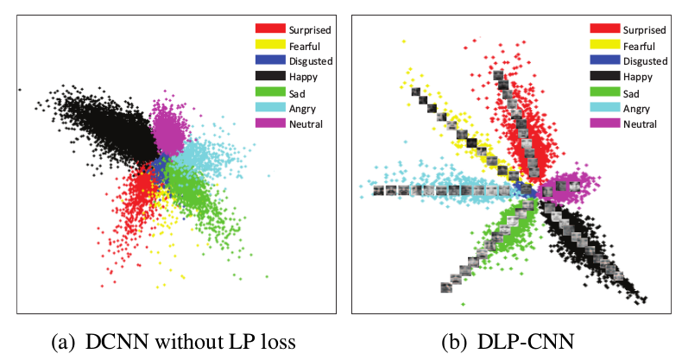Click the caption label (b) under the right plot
pos(454,341)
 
